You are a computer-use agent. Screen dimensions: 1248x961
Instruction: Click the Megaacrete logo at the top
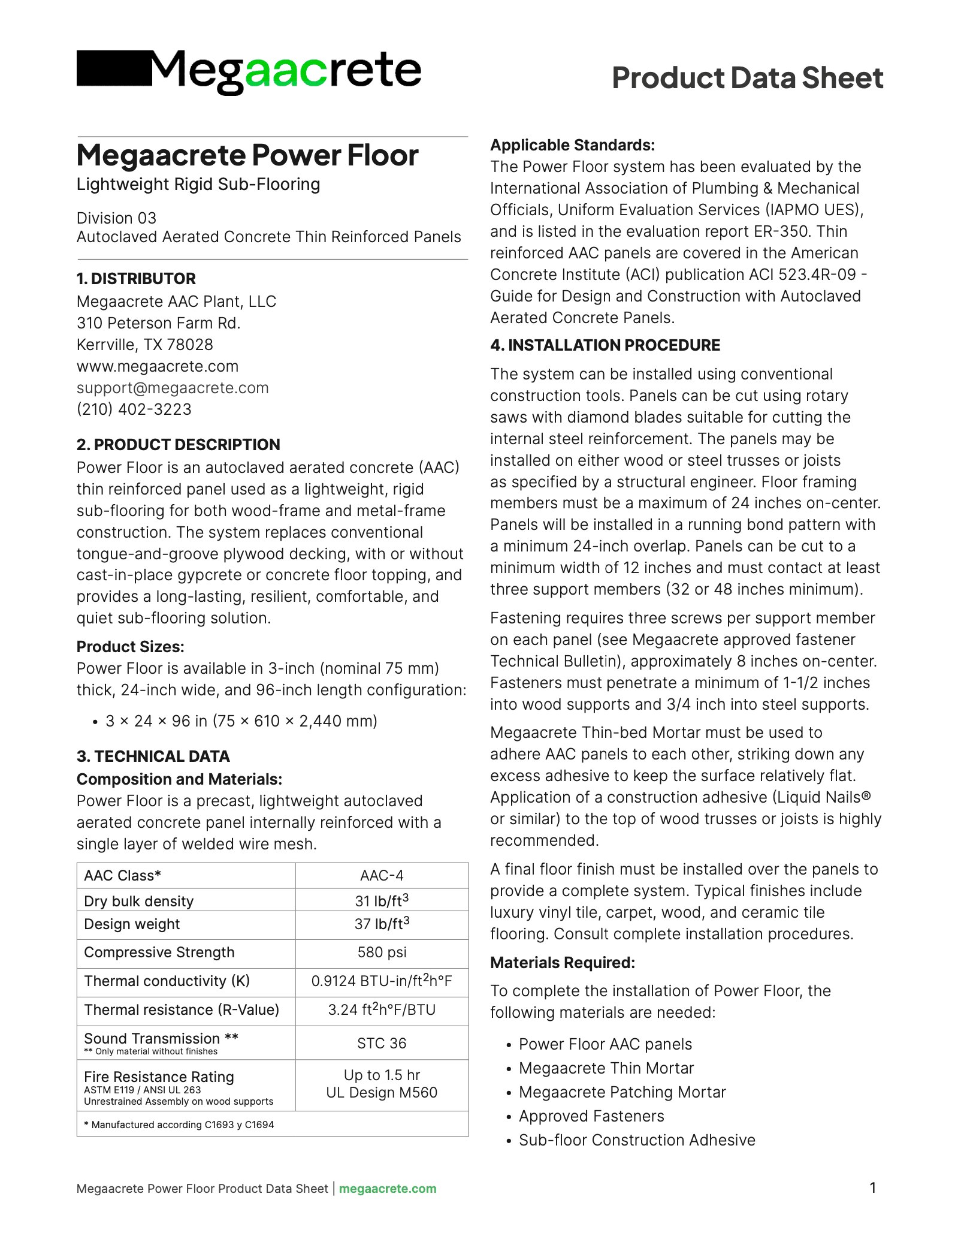pyautogui.click(x=249, y=71)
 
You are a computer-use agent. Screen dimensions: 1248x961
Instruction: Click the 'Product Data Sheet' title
pyautogui.click(x=747, y=78)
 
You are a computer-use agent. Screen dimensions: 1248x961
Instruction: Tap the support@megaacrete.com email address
pyautogui.click(x=173, y=388)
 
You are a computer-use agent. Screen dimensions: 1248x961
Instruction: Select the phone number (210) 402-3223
pyautogui.click(x=134, y=409)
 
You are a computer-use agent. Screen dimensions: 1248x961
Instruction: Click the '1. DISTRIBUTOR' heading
pyautogui.click(x=136, y=279)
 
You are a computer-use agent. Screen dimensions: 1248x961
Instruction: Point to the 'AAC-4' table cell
pyautogui.click(x=382, y=876)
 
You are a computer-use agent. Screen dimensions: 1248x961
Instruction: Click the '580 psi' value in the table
pyautogui.click(x=382, y=952)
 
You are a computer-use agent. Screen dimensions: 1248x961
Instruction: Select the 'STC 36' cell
pyautogui.click(x=382, y=1044)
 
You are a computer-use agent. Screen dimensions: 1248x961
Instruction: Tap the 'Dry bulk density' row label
pyautogui.click(x=139, y=902)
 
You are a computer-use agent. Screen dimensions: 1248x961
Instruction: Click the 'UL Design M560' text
pyautogui.click(x=382, y=1093)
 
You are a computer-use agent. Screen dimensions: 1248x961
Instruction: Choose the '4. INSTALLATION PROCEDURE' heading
pyautogui.click(x=605, y=345)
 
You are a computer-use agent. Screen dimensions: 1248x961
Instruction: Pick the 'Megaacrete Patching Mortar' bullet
pyautogui.click(x=622, y=1092)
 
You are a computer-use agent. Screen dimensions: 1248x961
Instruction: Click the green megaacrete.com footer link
pyautogui.click(x=388, y=1189)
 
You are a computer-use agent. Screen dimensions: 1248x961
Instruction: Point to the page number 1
pyautogui.click(x=873, y=1187)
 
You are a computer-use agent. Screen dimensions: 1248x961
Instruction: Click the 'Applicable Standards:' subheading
pyautogui.click(x=572, y=145)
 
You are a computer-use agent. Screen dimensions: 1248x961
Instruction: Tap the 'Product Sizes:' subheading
pyautogui.click(x=130, y=647)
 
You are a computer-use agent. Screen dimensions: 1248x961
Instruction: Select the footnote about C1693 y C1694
pyautogui.click(x=179, y=1125)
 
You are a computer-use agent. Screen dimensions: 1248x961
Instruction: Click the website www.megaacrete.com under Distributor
pyautogui.click(x=158, y=366)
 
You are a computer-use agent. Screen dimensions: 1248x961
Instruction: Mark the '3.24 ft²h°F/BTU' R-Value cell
pyautogui.click(x=382, y=1010)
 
